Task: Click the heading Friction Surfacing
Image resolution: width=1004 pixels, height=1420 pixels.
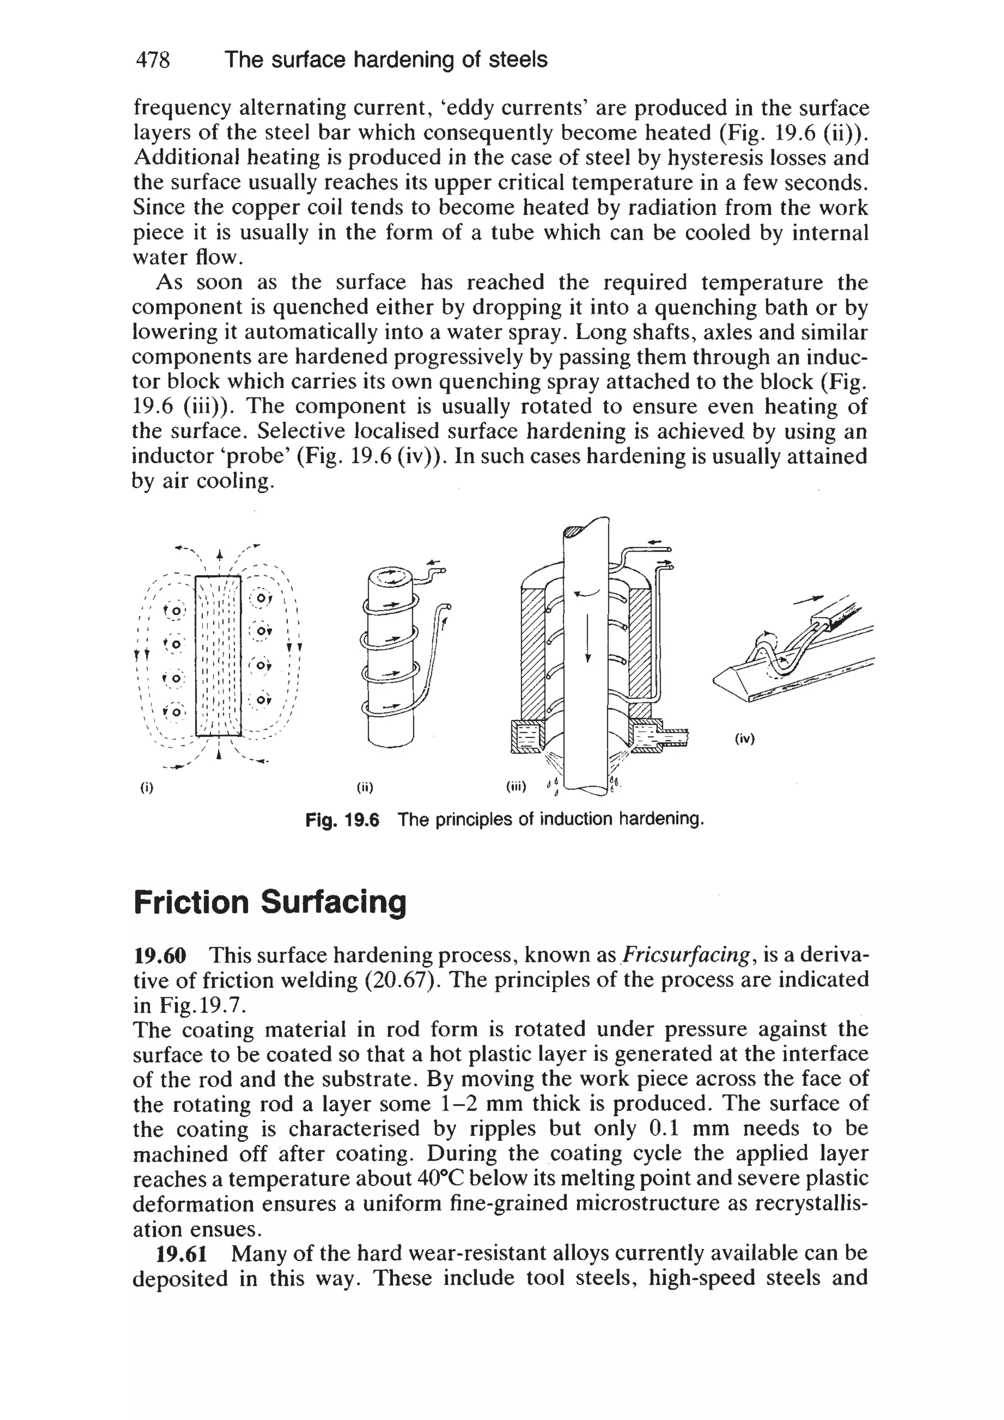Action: click(x=270, y=903)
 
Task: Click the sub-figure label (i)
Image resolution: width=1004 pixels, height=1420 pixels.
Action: click(x=146, y=788)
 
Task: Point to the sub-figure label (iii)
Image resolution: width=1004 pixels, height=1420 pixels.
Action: click(x=515, y=787)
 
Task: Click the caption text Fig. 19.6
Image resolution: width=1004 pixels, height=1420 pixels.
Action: click(x=342, y=820)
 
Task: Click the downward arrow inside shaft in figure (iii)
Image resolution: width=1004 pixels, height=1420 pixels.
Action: click(x=588, y=637)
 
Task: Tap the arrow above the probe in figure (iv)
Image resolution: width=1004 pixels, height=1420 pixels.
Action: click(x=810, y=598)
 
